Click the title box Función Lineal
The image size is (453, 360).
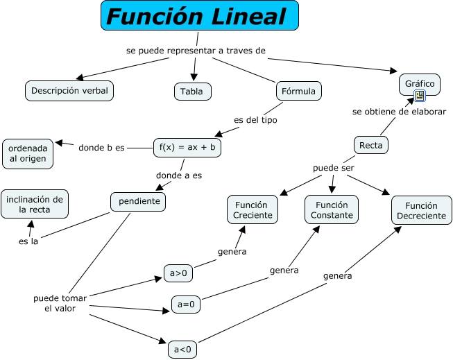(x=200, y=16)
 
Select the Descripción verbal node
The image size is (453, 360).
(x=69, y=90)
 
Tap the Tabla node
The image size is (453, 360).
(x=192, y=92)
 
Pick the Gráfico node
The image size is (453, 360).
(x=420, y=84)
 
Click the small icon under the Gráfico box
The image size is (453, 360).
(x=420, y=96)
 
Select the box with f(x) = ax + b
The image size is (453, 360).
(x=187, y=147)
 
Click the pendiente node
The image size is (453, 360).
(x=139, y=202)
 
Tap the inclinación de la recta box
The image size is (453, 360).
(x=35, y=204)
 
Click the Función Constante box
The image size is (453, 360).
(x=332, y=209)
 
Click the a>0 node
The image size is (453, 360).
(x=178, y=273)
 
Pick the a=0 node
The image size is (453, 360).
(x=187, y=305)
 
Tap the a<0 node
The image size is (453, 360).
(x=182, y=349)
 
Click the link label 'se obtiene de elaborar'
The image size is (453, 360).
(x=399, y=111)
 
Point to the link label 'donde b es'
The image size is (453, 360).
(x=102, y=147)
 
